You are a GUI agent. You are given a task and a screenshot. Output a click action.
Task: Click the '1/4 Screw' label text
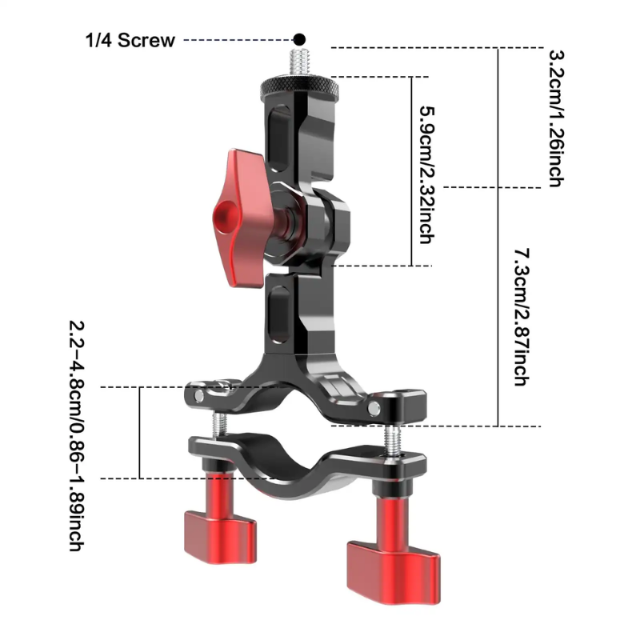pos(130,41)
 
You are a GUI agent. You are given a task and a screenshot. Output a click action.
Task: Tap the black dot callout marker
pos(299,39)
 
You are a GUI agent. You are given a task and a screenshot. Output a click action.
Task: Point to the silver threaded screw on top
pos(299,62)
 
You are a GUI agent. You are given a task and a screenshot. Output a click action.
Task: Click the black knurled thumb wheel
pos(300,86)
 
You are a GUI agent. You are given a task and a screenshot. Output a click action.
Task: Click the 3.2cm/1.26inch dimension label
pos(556,118)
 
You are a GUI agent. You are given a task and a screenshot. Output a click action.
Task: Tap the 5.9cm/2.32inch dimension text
pos(427,175)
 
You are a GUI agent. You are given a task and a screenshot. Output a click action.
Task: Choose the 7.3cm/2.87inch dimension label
pos(522,317)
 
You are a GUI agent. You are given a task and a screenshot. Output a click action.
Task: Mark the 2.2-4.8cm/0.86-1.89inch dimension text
pos(76,436)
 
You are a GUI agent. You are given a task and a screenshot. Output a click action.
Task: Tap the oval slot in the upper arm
pos(281,138)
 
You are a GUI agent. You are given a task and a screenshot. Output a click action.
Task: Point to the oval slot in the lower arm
pos(280,314)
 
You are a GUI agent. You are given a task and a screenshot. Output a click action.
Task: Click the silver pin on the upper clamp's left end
pos(199,396)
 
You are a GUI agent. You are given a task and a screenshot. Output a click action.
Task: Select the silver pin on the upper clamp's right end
pos(374,408)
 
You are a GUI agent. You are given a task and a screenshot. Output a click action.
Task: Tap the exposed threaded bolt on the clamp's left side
pos(219,425)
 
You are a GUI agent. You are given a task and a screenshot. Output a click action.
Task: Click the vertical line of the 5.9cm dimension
pos(412,171)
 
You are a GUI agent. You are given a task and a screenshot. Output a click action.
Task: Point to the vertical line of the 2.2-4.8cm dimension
pos(139,433)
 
